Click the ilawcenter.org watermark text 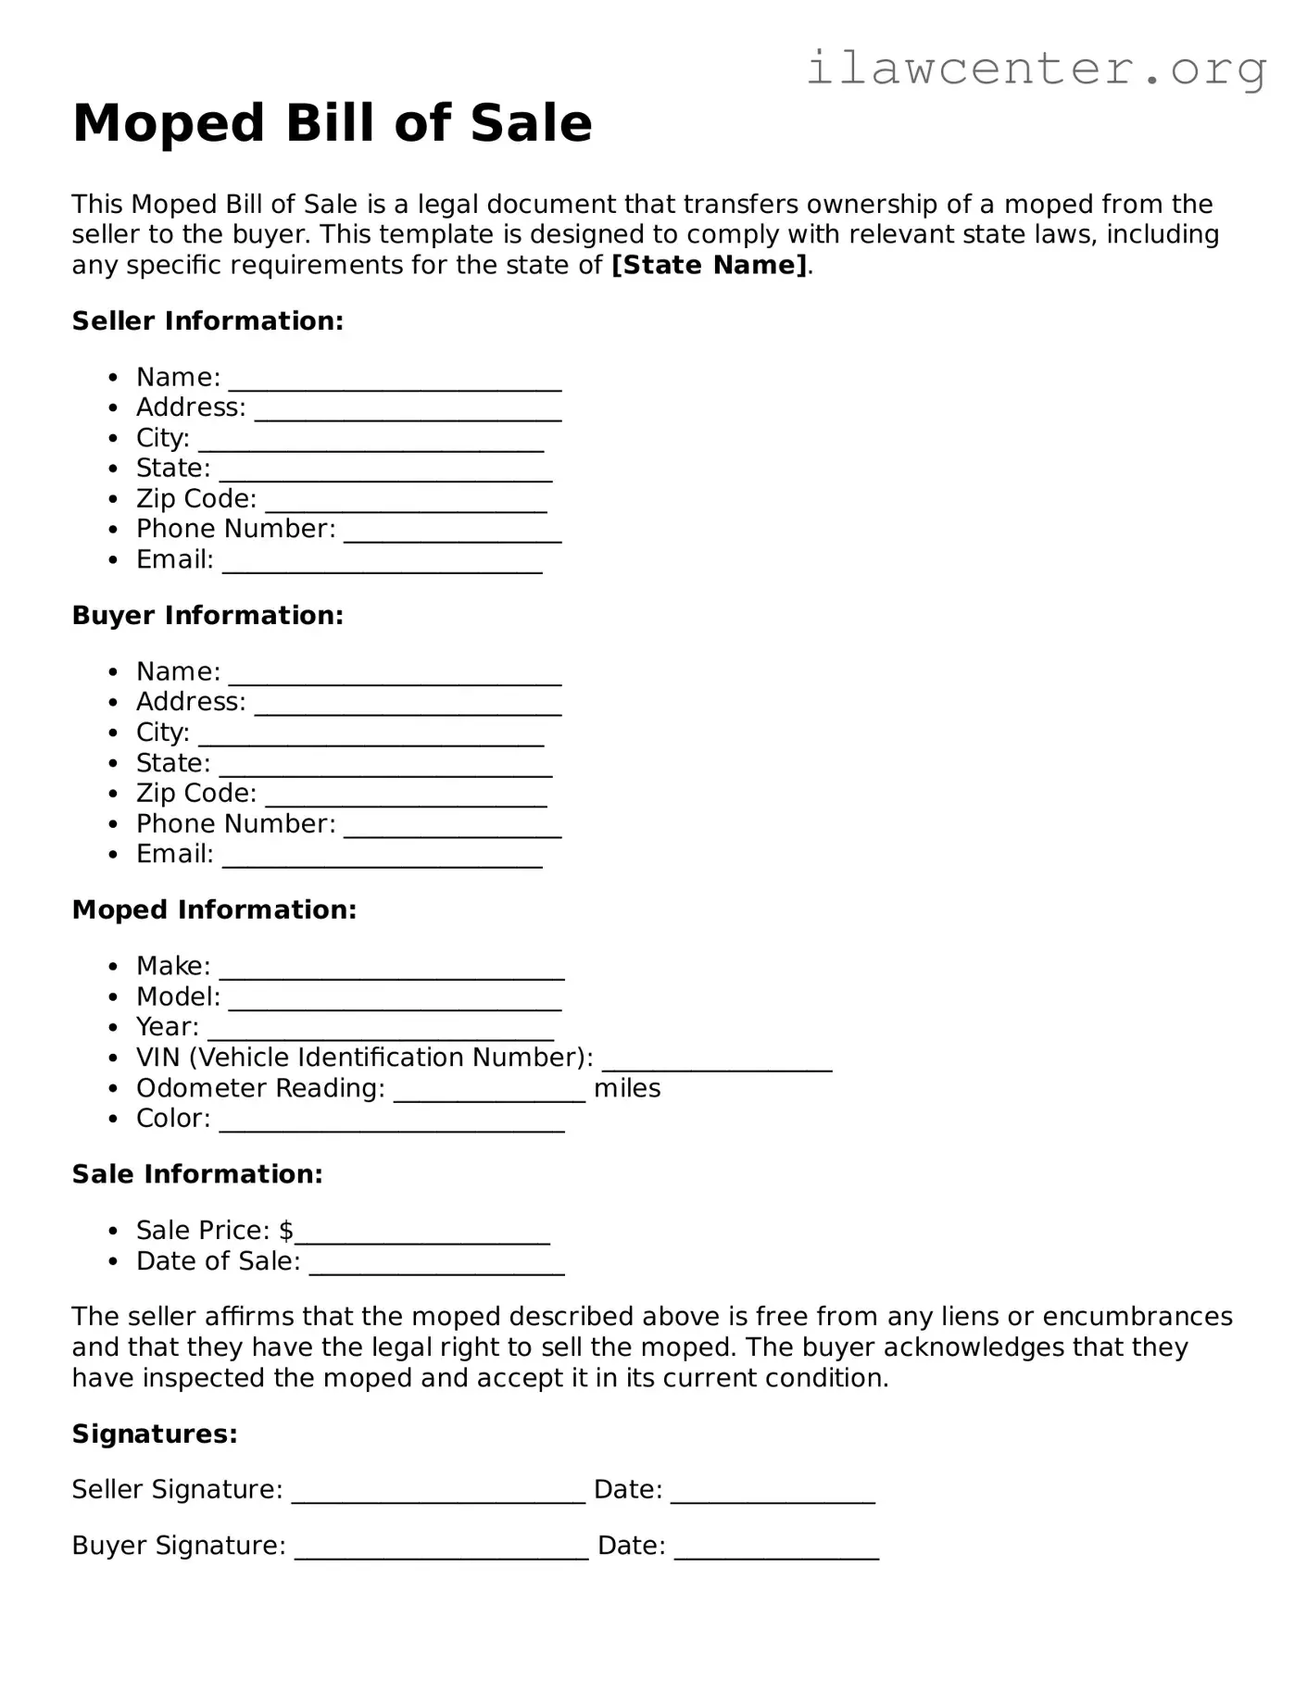coord(1036,69)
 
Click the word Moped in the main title coord(170,123)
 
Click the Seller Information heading coord(207,321)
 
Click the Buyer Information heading coord(207,616)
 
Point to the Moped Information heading coord(214,910)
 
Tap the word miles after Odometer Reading coord(627,1088)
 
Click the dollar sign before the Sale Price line coord(286,1231)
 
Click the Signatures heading coord(155,1434)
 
